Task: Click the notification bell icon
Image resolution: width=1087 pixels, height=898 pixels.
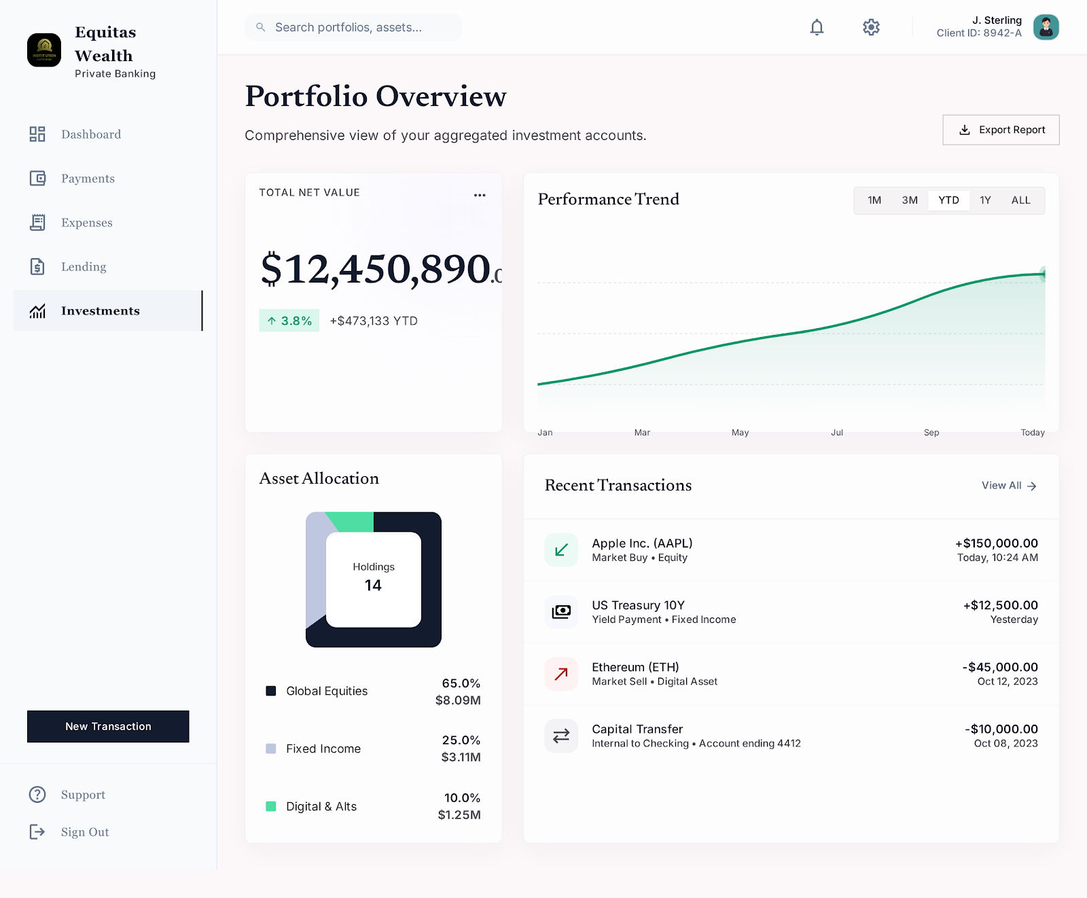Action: (x=817, y=27)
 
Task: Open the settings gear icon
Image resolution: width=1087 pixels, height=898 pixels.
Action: (x=871, y=27)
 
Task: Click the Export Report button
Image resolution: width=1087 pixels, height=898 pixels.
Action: (x=1001, y=130)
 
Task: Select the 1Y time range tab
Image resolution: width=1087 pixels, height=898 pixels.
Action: (x=985, y=200)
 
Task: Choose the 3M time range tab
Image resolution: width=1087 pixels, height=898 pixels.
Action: (x=910, y=200)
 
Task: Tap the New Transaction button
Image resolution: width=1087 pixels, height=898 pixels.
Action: (x=108, y=726)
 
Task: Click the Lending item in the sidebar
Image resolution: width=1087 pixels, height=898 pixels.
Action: (x=84, y=267)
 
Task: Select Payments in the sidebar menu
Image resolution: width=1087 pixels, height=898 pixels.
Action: (x=88, y=179)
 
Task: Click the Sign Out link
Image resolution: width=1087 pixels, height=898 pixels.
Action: (x=84, y=832)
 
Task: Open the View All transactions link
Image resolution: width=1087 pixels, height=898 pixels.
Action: (x=1008, y=486)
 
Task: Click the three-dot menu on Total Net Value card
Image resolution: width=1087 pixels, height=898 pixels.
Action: (x=480, y=195)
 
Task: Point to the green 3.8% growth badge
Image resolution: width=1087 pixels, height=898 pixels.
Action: (x=289, y=321)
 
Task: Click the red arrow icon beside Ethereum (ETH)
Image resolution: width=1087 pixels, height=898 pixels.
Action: (x=561, y=674)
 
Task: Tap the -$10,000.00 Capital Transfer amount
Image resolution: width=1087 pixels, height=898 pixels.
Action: (x=1001, y=729)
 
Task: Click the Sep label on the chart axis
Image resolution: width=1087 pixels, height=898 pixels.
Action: (x=931, y=433)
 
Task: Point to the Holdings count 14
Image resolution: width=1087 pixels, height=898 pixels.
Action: (x=373, y=586)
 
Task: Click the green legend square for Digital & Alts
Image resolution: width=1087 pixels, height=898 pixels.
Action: (x=271, y=806)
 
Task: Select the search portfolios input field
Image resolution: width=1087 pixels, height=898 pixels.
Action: (x=353, y=27)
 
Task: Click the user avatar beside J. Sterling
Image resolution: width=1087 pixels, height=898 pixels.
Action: (x=1046, y=27)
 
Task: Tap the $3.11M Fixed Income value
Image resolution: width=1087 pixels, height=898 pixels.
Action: (x=461, y=757)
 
